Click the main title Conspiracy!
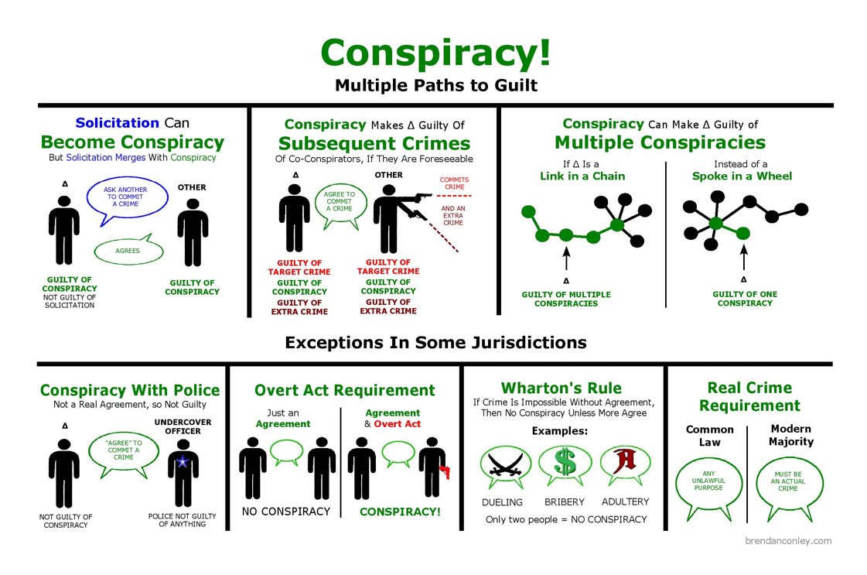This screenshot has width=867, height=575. [435, 52]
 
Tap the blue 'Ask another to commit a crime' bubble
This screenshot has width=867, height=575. [124, 197]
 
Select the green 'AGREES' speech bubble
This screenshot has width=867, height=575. [128, 251]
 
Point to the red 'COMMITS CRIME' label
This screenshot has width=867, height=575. [454, 183]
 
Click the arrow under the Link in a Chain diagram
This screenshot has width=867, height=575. [566, 258]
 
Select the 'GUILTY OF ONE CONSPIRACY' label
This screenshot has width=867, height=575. [744, 299]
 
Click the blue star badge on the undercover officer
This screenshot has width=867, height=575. [183, 462]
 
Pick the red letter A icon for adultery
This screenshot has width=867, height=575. [623, 463]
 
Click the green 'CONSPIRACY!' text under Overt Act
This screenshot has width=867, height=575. [400, 512]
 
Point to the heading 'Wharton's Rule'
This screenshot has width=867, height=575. [561, 388]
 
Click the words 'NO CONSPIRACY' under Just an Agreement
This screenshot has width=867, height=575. [286, 512]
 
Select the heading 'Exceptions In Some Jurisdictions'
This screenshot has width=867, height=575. [435, 342]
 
